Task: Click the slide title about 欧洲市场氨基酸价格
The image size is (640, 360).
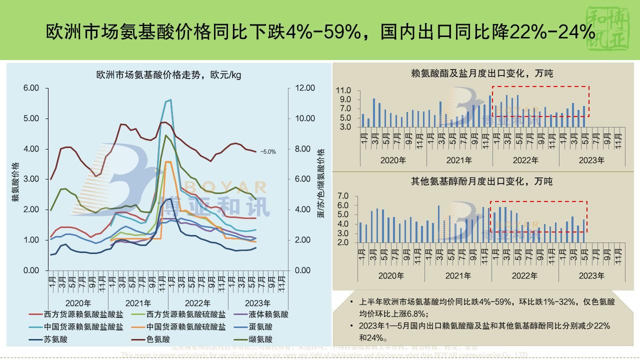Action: tap(320, 32)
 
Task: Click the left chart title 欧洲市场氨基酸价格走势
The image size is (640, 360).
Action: tap(168, 75)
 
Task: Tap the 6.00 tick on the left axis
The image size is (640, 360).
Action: tap(31, 88)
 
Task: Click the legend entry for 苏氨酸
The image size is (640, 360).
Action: tap(55, 339)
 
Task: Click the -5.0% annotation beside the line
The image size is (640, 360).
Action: tap(268, 151)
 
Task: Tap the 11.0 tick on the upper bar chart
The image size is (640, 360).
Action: tap(344, 90)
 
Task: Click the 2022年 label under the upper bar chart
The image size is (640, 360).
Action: tap(525, 160)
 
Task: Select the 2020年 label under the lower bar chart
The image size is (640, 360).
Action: tap(393, 275)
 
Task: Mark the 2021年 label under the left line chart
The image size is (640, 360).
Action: tap(138, 303)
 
